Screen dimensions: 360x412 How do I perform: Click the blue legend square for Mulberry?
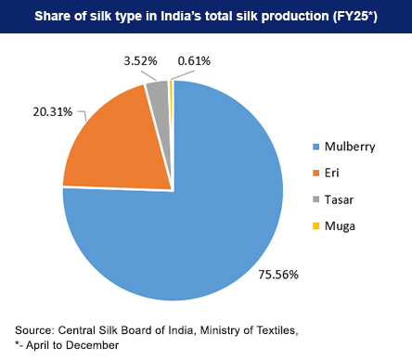coord(315,146)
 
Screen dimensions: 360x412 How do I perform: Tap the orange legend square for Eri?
coord(315,173)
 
